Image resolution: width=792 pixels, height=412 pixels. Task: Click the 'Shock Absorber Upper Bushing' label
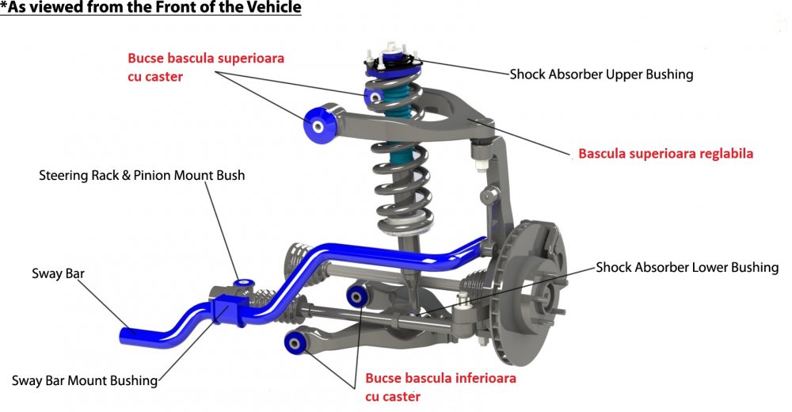coord(601,74)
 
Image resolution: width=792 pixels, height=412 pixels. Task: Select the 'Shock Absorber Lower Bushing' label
coord(687,267)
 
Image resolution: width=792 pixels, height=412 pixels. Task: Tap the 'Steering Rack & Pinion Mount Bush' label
coord(142,175)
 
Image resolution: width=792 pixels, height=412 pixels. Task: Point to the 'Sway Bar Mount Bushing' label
coord(85,380)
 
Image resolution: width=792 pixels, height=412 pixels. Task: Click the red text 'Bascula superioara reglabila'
coord(666,153)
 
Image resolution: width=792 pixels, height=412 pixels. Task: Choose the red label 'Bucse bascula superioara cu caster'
coord(206,67)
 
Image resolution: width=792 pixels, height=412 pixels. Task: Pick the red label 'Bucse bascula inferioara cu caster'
coord(441,387)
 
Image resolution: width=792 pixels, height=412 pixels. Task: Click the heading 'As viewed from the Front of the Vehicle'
coord(150,8)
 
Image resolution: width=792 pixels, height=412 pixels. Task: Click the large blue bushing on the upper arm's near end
coord(318,125)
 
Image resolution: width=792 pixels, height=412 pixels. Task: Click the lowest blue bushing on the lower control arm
coord(294,344)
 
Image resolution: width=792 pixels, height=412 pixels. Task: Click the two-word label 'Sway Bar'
coord(58,273)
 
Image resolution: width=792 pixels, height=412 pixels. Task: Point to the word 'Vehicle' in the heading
coord(275,8)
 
